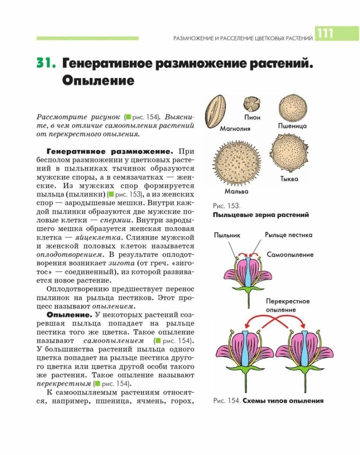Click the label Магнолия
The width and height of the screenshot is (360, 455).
point(235,129)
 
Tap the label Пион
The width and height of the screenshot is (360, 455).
point(252,118)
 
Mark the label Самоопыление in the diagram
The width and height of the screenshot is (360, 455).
point(290,254)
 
